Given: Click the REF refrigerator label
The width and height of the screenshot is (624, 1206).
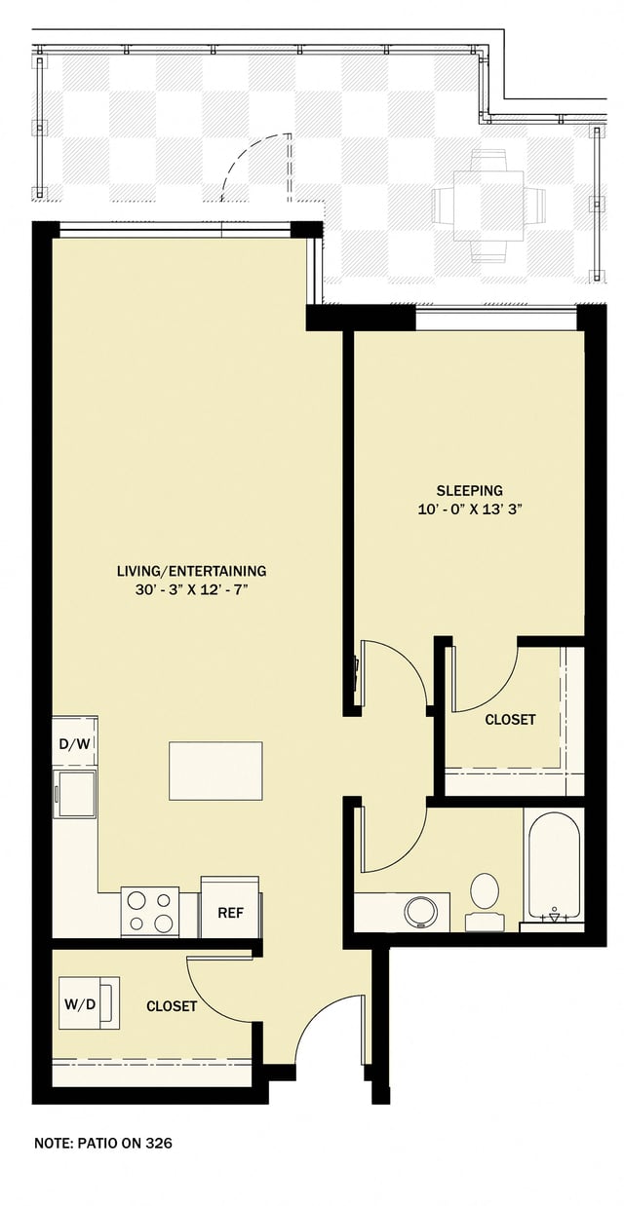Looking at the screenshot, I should click(x=230, y=913).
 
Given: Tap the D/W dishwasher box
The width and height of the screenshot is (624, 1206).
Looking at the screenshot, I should click(x=75, y=744).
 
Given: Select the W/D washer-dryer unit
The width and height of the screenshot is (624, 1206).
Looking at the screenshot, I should click(x=88, y=1002).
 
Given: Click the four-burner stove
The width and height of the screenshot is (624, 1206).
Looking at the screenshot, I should click(x=150, y=912).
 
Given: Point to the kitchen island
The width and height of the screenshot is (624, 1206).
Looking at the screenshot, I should click(x=215, y=770).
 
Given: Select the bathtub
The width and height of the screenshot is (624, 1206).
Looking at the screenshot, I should click(x=554, y=866).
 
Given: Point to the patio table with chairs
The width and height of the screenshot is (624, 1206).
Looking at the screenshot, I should click(x=485, y=205).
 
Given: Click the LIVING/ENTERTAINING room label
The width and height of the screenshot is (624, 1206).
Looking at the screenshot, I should click(x=191, y=571).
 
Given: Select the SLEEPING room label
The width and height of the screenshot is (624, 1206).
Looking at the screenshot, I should click(x=469, y=490).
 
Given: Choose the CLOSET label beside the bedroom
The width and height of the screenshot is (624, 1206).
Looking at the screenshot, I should click(x=510, y=720).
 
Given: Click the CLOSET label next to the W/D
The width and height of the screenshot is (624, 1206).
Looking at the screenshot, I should click(x=172, y=1005).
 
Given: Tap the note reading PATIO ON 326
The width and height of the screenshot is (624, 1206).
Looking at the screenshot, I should click(x=102, y=1143).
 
